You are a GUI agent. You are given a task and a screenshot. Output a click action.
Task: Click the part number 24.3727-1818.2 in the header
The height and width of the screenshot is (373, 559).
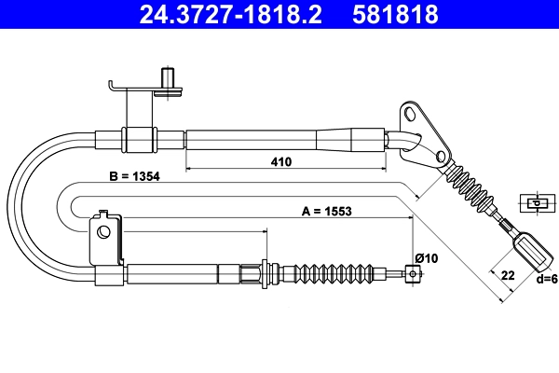pos(230,14)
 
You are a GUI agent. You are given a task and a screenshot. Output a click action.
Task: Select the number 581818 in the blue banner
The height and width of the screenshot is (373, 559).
pos(395,14)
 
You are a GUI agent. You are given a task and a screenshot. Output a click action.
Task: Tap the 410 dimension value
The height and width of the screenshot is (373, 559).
pos(281,161)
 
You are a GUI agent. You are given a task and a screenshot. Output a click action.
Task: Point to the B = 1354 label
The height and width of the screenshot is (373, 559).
pos(134,176)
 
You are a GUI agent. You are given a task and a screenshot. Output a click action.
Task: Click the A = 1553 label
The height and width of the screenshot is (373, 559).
pos(327,212)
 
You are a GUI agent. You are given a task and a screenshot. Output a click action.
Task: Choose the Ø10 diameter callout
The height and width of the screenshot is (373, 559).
pos(427,257)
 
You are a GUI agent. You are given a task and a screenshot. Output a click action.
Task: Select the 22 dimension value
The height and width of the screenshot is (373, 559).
pos(508,276)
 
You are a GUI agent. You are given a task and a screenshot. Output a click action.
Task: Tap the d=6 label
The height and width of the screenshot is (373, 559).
pos(547,279)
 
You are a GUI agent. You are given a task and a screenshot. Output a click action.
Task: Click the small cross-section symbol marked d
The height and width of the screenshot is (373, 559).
pos(538,203)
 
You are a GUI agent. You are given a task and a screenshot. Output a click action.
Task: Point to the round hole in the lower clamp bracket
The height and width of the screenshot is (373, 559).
pos(103,232)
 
